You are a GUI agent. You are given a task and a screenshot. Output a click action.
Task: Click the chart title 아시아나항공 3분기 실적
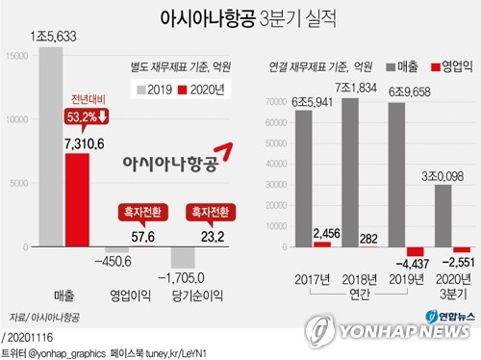240,19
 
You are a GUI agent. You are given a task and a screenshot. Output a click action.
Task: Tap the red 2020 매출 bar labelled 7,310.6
77,198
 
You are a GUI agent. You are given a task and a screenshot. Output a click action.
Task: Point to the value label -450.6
118,257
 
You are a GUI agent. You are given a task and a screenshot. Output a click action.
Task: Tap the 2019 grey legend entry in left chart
156,90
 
